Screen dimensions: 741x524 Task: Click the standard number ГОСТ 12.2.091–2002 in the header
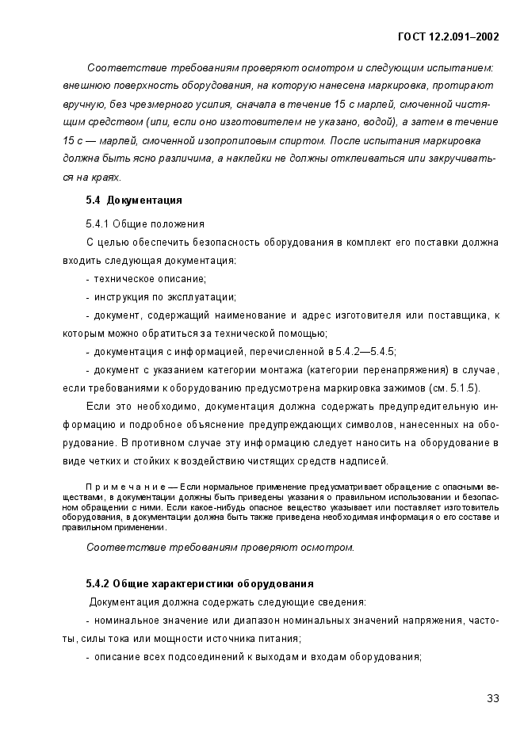point(448,37)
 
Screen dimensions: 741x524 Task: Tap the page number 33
point(492,698)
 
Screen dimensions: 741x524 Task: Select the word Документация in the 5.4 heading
point(144,200)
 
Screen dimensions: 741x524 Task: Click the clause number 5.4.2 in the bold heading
point(100,583)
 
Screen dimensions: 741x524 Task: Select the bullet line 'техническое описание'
point(150,278)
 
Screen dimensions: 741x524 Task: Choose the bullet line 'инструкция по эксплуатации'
point(165,297)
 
